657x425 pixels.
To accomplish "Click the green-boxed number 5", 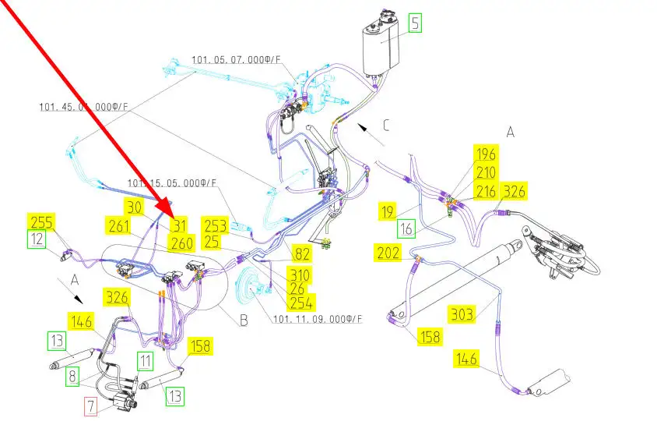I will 415,23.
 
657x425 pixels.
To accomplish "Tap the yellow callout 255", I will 42,221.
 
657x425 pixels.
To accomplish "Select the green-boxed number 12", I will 37,239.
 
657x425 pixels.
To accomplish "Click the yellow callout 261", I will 119,226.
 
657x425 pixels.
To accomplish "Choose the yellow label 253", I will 215,226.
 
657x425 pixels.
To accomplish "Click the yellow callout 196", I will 486,154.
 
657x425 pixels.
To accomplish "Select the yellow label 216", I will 486,191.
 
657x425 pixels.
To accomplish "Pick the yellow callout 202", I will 388,253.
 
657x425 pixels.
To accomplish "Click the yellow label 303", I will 462,314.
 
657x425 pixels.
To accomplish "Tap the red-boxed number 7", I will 91,406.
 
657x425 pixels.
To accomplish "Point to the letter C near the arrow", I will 385,125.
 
